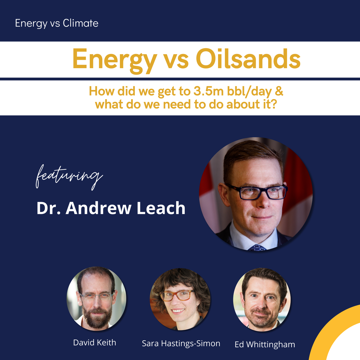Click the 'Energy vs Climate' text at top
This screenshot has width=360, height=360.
pyautogui.click(x=57, y=23)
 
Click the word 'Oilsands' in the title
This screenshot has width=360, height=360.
pyautogui.click(x=248, y=59)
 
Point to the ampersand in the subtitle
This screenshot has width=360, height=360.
pyautogui.click(x=279, y=91)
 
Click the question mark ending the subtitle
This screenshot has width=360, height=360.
pyautogui.click(x=273, y=104)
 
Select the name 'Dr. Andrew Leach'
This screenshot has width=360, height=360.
pyautogui.click(x=111, y=208)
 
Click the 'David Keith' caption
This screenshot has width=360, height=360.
pyautogui.click(x=94, y=343)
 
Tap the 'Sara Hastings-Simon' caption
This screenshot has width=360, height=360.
pyautogui.click(x=181, y=343)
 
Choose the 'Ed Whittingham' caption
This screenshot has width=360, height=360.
pyautogui.click(x=265, y=344)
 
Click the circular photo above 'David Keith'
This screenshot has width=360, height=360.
pyautogui.click(x=97, y=298)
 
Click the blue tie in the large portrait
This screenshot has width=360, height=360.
pyautogui.click(x=257, y=248)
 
